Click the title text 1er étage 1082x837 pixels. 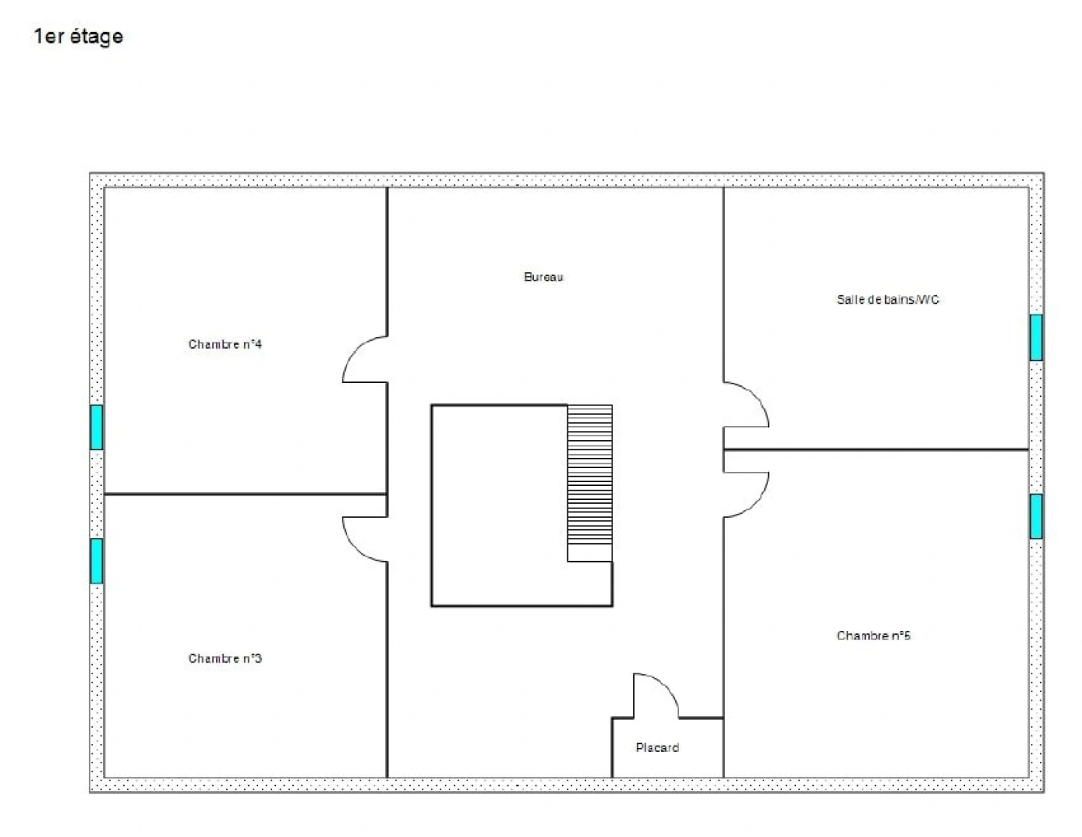coord(78,36)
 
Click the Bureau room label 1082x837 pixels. coord(543,277)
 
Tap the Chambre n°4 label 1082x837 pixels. coord(225,344)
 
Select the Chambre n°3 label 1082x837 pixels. coord(225,659)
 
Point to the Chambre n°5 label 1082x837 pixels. coord(874,635)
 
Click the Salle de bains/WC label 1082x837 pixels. coord(887,299)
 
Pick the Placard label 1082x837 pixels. coord(657,748)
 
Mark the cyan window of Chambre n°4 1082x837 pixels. coord(96,427)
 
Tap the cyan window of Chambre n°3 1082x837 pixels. coord(96,560)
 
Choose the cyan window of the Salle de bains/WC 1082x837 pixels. coord(1036,337)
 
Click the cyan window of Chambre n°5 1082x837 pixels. coord(1036,516)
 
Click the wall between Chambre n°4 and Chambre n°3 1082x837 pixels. coord(245,494)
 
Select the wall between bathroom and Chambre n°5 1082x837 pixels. coord(876,449)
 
